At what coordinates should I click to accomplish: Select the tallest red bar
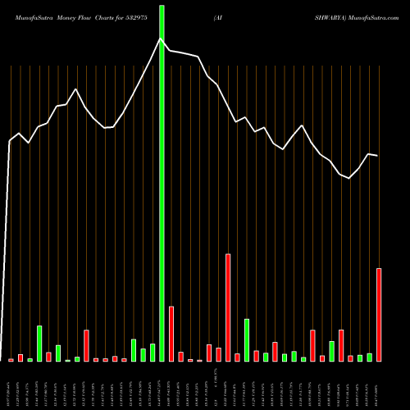(228, 307)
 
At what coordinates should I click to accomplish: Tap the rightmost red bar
(379, 315)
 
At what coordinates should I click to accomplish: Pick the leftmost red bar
(11, 360)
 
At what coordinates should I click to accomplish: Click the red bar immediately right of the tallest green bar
(171, 334)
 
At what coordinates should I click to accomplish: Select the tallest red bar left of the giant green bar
(86, 345)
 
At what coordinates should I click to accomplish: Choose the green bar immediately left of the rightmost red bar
(369, 357)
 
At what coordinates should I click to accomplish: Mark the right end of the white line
(377, 156)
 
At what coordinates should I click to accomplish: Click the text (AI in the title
(216, 17)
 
